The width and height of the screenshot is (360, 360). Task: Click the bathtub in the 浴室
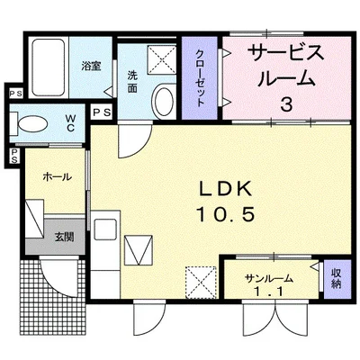(49, 67)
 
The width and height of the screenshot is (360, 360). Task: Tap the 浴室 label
(91, 66)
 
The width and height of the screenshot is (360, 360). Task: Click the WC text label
(71, 123)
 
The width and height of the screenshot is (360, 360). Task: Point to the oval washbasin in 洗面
(164, 101)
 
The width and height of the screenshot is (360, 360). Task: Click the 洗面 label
(131, 82)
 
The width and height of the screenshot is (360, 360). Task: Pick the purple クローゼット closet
(200, 77)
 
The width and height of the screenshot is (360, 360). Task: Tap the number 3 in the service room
(287, 104)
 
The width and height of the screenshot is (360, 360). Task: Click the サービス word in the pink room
(286, 53)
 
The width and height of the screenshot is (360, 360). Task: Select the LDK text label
(225, 190)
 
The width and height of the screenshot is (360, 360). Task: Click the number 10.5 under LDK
(225, 215)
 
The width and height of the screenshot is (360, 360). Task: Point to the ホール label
(57, 176)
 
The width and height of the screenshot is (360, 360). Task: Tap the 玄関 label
(64, 238)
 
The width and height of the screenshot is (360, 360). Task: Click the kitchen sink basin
(105, 229)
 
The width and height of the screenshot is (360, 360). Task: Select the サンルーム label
(268, 279)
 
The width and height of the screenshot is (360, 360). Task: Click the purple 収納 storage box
(337, 279)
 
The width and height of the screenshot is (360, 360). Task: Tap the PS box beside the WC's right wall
(101, 112)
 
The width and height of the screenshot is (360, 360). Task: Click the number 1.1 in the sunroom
(268, 292)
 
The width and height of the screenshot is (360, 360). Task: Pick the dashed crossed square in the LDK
(201, 283)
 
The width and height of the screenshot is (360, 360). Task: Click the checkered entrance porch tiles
(53, 294)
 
